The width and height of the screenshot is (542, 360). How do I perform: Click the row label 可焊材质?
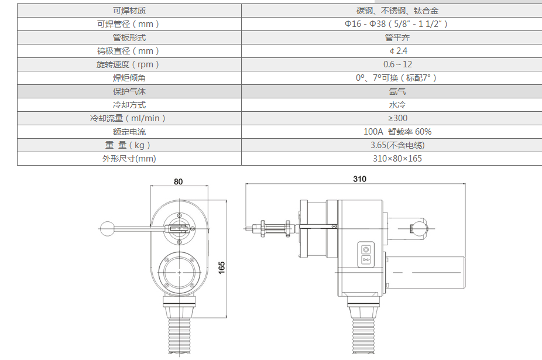pos(129,11)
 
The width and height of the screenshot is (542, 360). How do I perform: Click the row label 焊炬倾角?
pos(129,78)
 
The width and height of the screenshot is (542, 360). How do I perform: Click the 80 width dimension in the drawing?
pos(178,181)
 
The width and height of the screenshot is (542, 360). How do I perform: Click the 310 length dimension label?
pos(359,179)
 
